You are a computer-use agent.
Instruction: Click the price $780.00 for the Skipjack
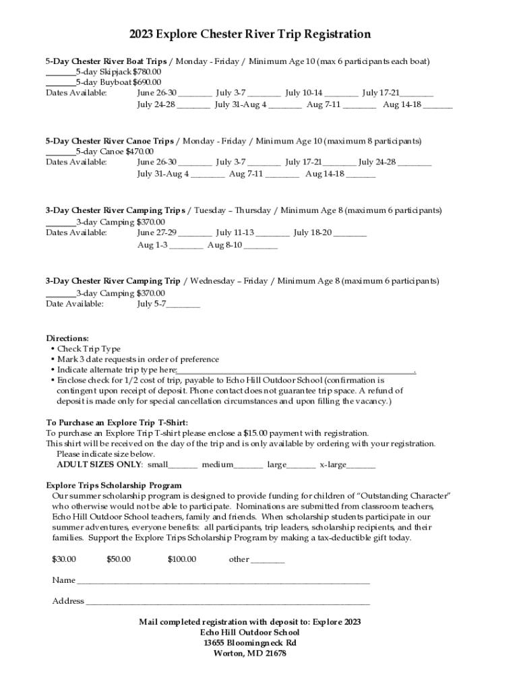coord(147,72)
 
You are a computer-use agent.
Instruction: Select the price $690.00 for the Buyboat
coord(147,83)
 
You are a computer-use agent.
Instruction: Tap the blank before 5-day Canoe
coord(60,152)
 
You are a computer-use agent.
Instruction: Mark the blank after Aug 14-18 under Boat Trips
coord(438,106)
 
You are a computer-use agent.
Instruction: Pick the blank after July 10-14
coord(342,94)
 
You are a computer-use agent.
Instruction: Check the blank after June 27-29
coord(195,233)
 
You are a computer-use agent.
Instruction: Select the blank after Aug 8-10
coord(261,246)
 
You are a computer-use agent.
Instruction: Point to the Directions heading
coord(67,338)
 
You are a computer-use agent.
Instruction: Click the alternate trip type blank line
coord(295,371)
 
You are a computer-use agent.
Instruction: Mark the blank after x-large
coord(362,466)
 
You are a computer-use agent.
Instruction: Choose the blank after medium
coord(249,466)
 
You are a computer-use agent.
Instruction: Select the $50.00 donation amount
coord(119,559)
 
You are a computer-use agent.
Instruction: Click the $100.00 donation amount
coord(182,559)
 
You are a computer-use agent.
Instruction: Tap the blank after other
coord(268,561)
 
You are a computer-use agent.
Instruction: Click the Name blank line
coord(223,582)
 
